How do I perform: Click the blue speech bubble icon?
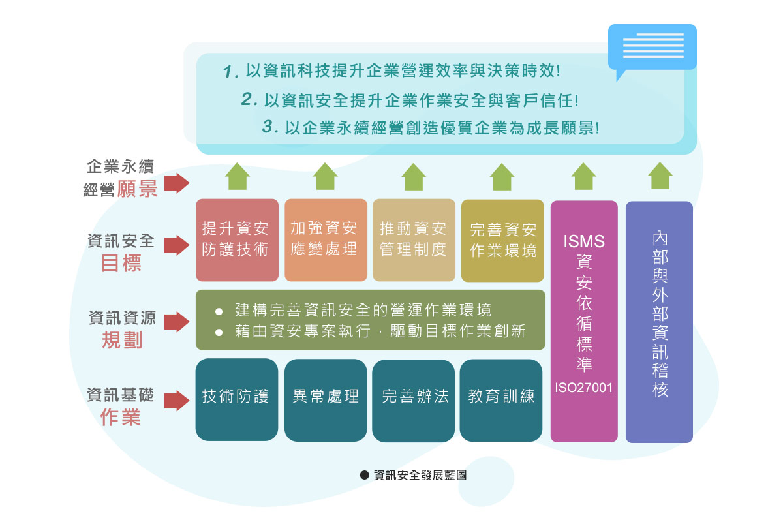coord(652,48)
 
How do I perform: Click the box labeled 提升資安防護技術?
coord(237,239)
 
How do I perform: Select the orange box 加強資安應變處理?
coord(326,239)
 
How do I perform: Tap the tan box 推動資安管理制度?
coord(414,239)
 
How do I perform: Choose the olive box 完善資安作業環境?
coord(502,239)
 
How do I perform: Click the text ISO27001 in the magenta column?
coord(584,388)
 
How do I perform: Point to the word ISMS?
coord(584,241)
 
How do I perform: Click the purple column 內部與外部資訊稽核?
coord(659,322)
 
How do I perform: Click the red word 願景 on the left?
coord(137,189)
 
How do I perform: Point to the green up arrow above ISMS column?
coord(584,176)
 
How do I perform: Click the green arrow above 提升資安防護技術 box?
coord(238,176)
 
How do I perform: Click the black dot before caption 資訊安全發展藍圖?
coord(365,476)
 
